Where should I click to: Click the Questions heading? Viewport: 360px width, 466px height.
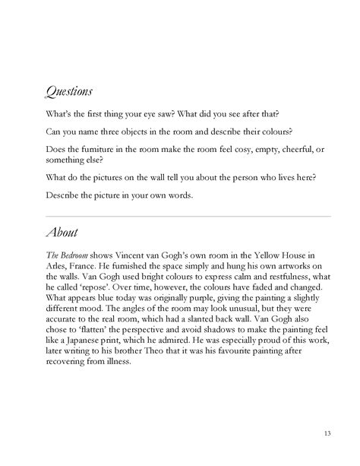(69, 93)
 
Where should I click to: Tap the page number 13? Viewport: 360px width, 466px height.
(326, 433)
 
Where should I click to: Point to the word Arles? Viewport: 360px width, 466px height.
(58, 268)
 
